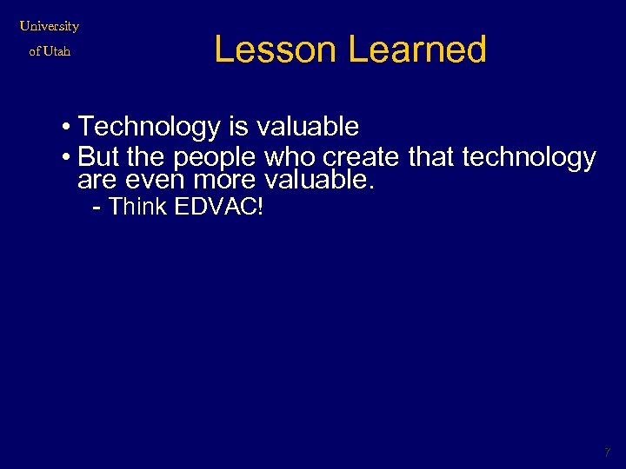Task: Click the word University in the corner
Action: coord(50,26)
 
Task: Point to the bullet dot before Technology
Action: coord(67,128)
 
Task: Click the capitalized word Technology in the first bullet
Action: coord(150,128)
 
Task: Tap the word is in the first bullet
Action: coord(238,128)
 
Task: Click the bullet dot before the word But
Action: coord(67,158)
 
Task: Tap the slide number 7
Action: coord(608,452)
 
